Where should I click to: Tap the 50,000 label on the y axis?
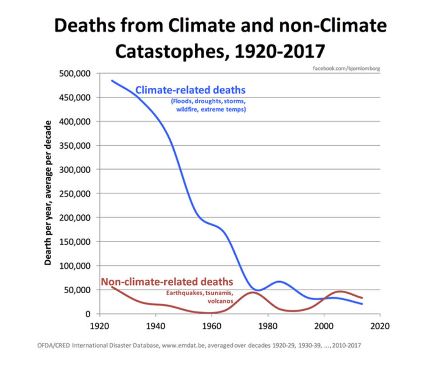78,290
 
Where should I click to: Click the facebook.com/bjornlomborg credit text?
347,67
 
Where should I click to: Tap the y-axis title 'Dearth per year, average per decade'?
48,193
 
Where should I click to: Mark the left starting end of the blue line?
112,80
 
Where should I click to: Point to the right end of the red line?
363,298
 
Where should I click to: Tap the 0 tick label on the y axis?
87,314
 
